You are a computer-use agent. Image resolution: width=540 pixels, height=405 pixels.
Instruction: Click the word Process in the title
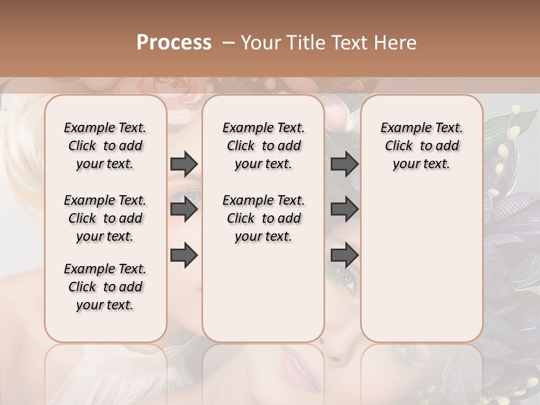(174, 43)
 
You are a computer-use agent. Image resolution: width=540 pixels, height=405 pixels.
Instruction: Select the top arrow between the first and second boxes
(184, 164)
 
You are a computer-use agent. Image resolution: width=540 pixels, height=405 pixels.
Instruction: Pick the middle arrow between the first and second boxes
(184, 210)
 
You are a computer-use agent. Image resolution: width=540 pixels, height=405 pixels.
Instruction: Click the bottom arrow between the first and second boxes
(184, 255)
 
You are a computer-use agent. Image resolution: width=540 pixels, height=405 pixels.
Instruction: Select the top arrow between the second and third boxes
(344, 164)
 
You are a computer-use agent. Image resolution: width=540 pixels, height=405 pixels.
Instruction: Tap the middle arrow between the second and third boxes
(344, 210)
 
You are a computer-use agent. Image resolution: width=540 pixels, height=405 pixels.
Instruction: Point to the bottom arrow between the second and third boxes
(344, 255)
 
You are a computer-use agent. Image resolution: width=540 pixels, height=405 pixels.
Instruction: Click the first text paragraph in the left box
(105, 146)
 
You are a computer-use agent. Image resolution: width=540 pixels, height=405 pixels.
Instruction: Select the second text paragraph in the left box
(105, 218)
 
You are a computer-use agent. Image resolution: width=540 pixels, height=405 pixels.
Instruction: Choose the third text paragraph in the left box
(105, 287)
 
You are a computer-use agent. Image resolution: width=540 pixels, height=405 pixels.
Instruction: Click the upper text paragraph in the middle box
(263, 146)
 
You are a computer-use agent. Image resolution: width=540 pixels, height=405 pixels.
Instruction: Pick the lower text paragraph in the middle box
(263, 218)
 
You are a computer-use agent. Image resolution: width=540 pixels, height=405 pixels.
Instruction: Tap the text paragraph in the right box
(421, 146)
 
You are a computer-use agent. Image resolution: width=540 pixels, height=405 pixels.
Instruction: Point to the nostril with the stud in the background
(336, 358)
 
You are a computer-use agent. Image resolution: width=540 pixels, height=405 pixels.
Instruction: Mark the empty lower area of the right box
(421, 264)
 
